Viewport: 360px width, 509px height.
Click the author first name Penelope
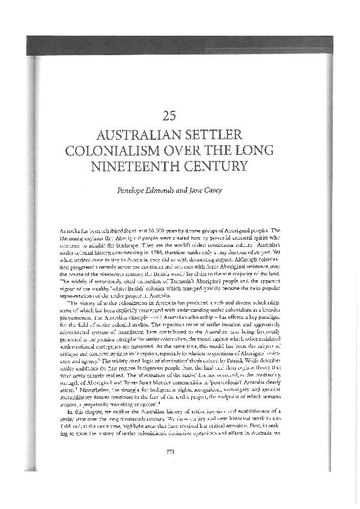pyautogui.click(x=137, y=191)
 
